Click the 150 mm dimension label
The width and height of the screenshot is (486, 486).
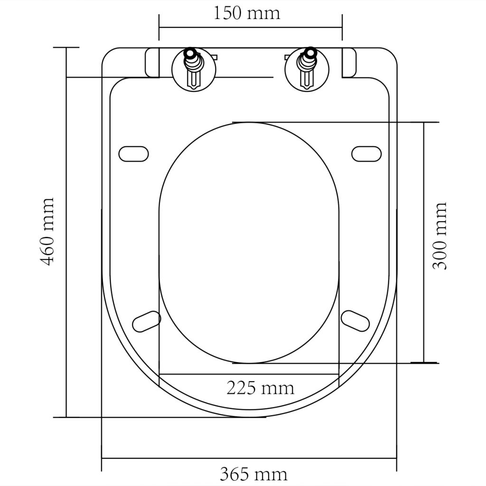click(x=246, y=13)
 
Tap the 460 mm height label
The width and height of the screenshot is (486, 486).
click(x=47, y=232)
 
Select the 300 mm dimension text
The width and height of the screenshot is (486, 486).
click(x=441, y=236)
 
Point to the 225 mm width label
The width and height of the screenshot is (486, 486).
click(x=260, y=388)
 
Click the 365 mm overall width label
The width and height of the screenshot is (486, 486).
click(x=253, y=474)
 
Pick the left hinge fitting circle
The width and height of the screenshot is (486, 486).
click(x=194, y=70)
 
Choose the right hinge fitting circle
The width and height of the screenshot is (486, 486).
click(x=307, y=70)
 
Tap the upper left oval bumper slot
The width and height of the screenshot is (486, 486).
click(x=133, y=153)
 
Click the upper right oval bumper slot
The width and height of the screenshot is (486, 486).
click(x=366, y=153)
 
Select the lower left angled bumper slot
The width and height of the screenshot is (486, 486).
click(x=146, y=321)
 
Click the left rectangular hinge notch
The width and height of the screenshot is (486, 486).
click(x=152, y=62)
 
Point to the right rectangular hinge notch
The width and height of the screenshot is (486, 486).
click(x=348, y=62)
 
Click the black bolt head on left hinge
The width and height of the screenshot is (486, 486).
click(x=191, y=52)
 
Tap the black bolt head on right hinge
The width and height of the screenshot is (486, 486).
click(x=310, y=52)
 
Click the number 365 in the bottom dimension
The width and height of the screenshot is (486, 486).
click(x=234, y=474)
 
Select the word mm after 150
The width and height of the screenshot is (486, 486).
click(x=265, y=13)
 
